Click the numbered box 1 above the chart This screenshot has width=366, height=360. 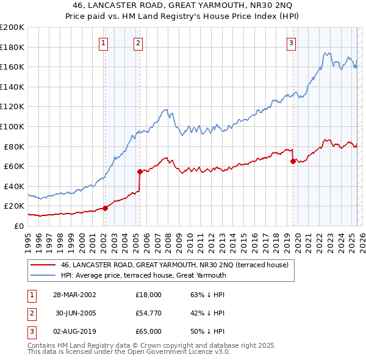104,43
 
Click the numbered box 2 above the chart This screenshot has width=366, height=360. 139,43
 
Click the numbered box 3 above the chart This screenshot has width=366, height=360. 292,43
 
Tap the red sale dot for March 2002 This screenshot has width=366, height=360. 105,208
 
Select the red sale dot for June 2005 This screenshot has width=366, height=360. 140,171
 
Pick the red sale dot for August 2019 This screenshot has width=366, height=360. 293,161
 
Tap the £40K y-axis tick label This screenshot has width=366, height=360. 14,186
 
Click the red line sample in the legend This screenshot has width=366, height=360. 43,265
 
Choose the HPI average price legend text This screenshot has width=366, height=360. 143,275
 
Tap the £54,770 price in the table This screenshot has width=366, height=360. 149,313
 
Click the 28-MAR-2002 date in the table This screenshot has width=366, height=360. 74,294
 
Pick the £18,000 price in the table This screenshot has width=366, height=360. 149,294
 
